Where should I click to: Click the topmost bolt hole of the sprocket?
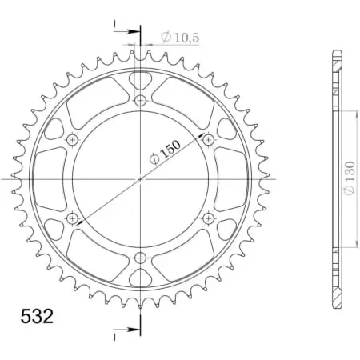tap(141, 100)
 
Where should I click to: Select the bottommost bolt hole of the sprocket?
tap(141, 258)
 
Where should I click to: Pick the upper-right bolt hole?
tap(209, 140)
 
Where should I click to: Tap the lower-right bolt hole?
tap(209, 218)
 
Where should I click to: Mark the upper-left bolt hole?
tap(73, 140)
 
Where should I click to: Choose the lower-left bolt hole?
tap(73, 218)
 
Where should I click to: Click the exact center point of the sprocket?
tap(141, 179)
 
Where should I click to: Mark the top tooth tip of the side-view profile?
tap(336, 53)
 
